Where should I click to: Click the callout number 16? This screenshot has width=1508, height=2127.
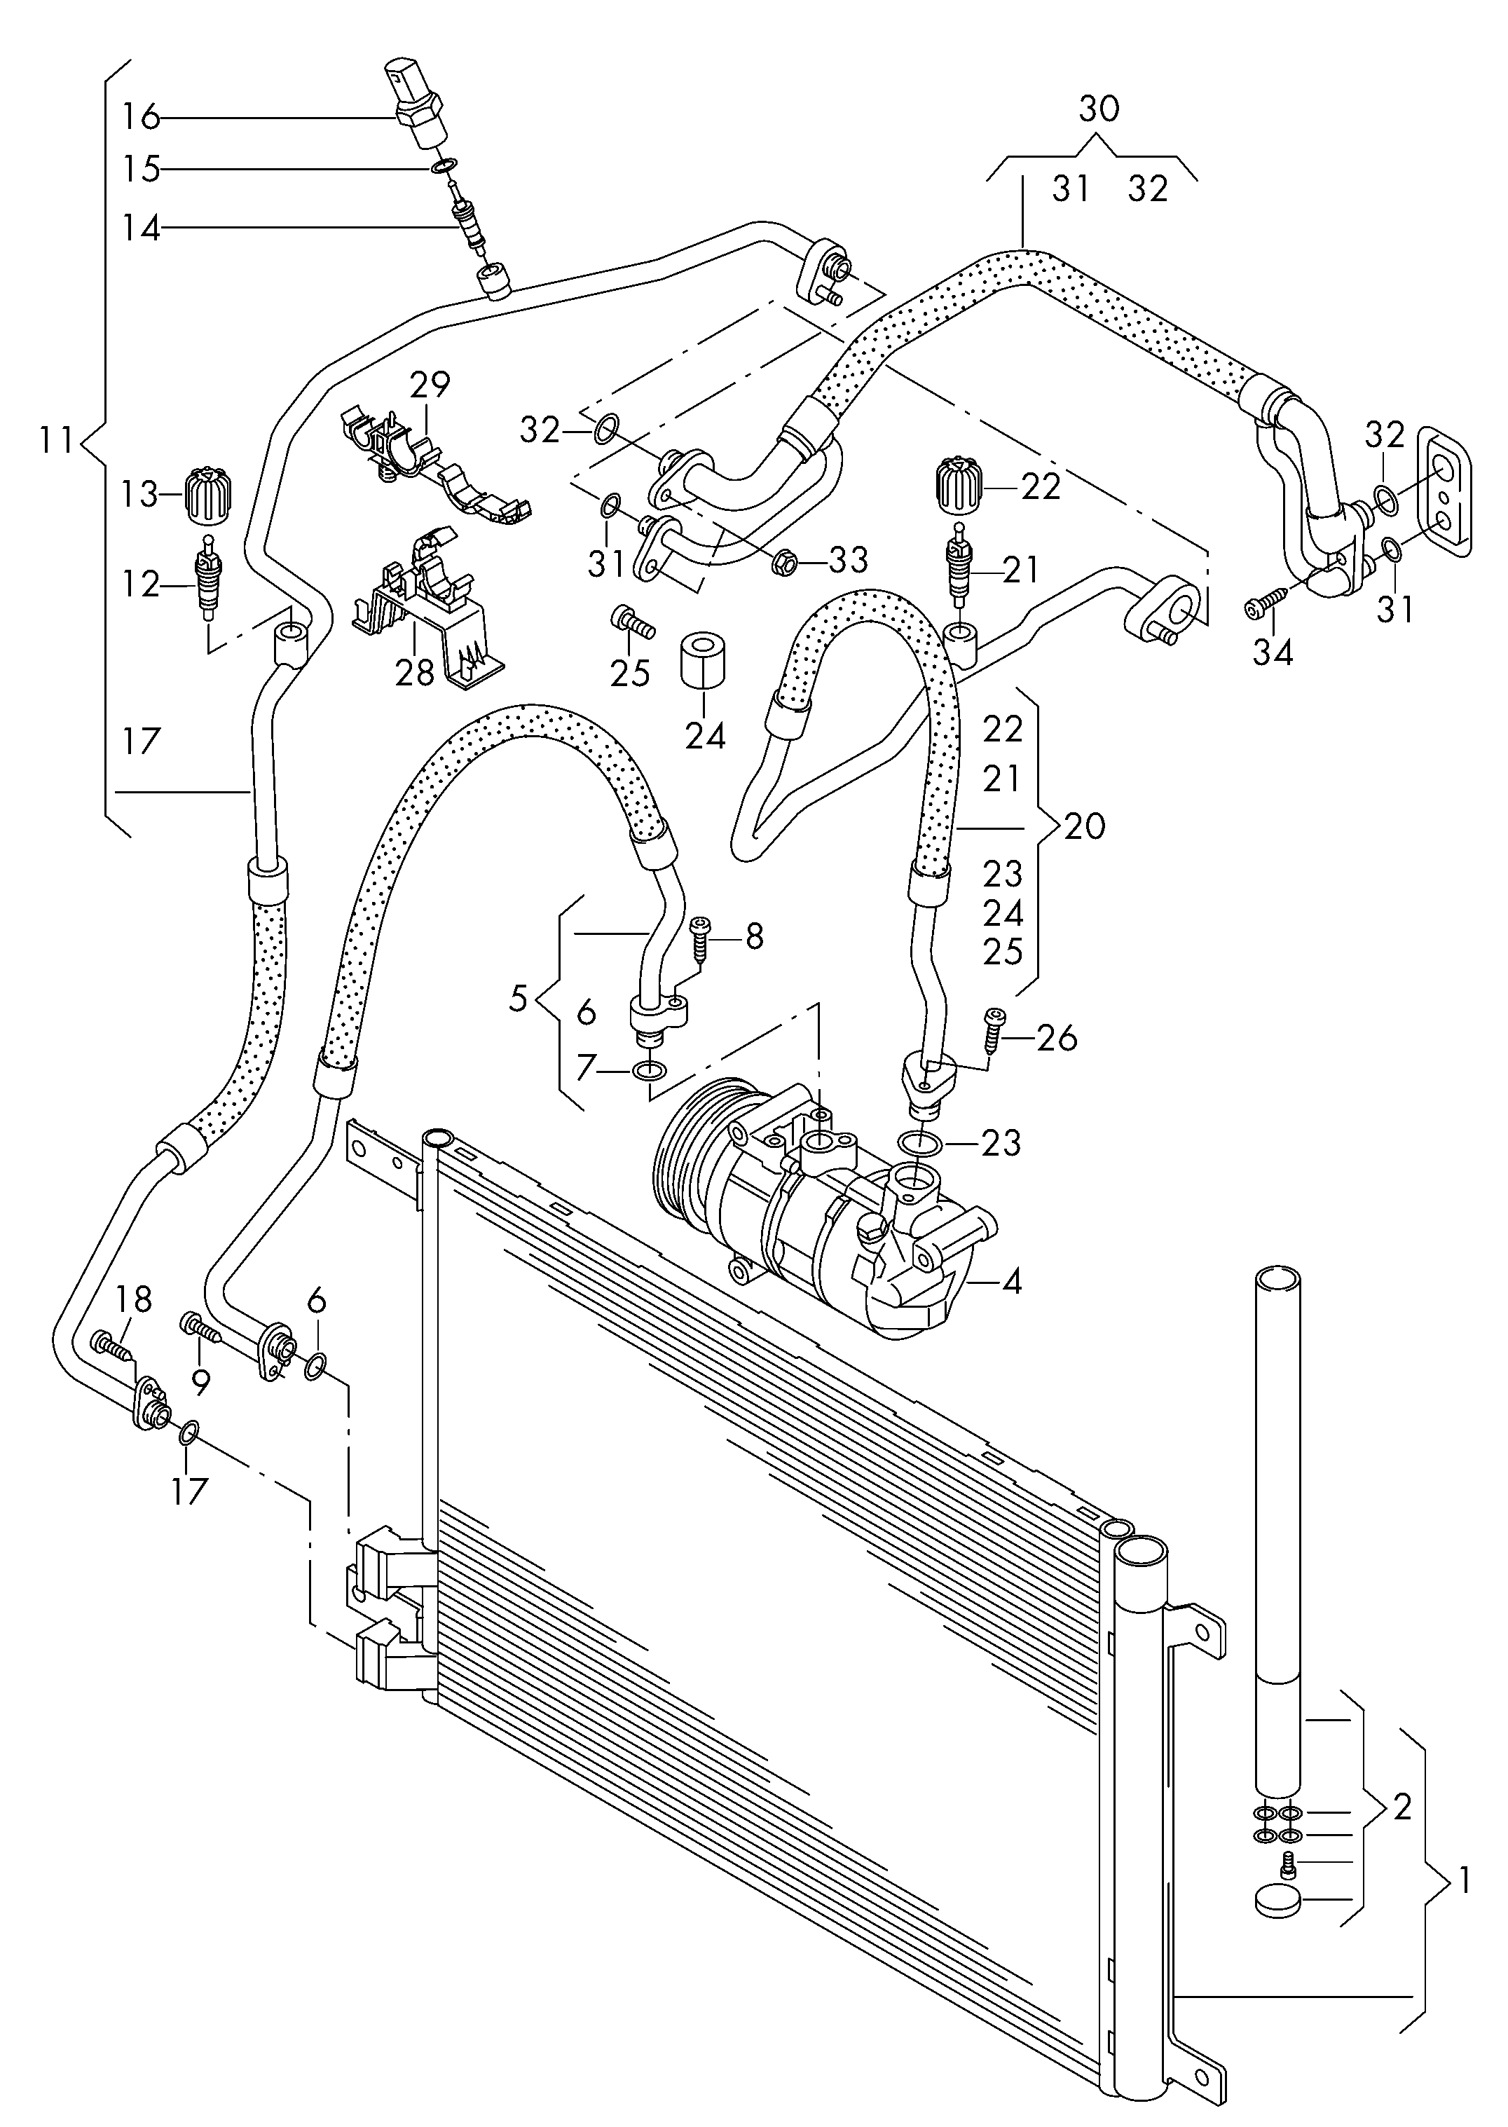click(141, 118)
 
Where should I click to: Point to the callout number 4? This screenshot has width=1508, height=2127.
click(1011, 1282)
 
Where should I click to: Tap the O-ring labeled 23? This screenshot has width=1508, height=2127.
click(919, 1142)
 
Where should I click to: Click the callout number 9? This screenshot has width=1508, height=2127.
click(200, 1383)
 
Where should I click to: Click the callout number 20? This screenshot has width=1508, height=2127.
click(1085, 826)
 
